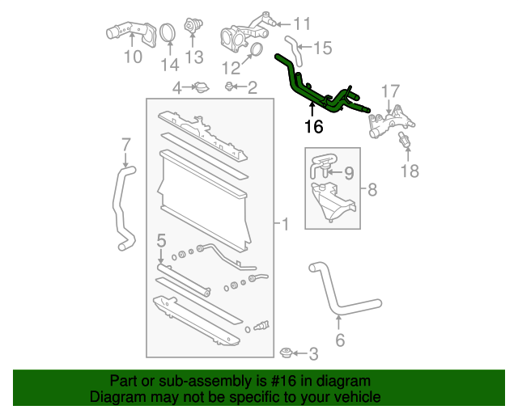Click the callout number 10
click(132, 57)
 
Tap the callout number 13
click(194, 57)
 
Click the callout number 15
click(322, 49)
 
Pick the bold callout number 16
click(313, 127)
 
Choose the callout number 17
click(391, 91)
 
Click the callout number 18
click(410, 170)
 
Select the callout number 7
click(125, 145)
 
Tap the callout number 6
click(340, 340)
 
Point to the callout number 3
click(313, 353)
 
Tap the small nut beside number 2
click(229, 86)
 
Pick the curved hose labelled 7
click(122, 206)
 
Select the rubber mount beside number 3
click(286, 353)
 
